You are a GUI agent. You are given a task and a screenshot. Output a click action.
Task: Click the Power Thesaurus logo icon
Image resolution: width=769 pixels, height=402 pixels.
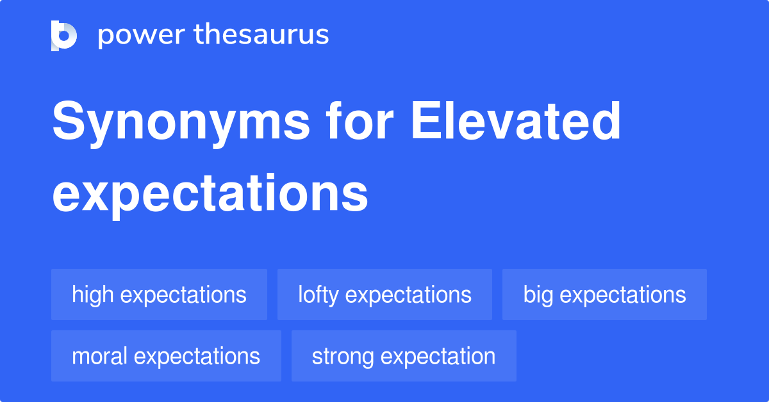point(64,36)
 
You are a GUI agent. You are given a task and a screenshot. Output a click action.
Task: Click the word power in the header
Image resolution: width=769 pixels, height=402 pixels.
point(142,35)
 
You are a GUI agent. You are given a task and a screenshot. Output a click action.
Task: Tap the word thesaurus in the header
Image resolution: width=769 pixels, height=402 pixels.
point(261,34)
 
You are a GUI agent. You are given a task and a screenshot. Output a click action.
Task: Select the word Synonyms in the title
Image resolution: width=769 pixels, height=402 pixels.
point(181,124)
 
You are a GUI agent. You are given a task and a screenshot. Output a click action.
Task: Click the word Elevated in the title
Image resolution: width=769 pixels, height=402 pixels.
point(516,120)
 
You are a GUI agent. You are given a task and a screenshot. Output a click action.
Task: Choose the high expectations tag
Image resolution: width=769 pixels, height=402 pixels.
point(160,294)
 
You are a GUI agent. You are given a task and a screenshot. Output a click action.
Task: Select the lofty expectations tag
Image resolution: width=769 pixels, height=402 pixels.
point(384,294)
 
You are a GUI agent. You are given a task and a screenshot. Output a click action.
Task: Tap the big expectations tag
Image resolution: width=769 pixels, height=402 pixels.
point(604,294)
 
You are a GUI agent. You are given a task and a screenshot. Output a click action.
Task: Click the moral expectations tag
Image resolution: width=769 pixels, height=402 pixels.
point(166,356)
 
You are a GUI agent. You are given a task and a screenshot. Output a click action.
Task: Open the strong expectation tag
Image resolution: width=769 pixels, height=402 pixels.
point(404,356)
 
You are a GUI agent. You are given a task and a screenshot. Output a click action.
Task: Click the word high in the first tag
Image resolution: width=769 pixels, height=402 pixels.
point(93,295)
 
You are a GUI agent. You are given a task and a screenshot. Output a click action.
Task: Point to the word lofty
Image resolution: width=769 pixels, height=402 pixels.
point(318,295)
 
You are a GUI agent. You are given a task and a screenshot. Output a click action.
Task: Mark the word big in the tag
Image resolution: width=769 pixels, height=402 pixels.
point(538,295)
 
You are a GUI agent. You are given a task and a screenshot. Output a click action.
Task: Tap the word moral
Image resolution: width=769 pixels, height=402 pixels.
point(99,356)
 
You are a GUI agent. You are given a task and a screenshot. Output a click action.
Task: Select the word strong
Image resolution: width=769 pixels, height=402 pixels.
point(343,357)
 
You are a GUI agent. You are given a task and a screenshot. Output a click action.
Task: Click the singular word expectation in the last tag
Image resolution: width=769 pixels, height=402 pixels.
point(438,357)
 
